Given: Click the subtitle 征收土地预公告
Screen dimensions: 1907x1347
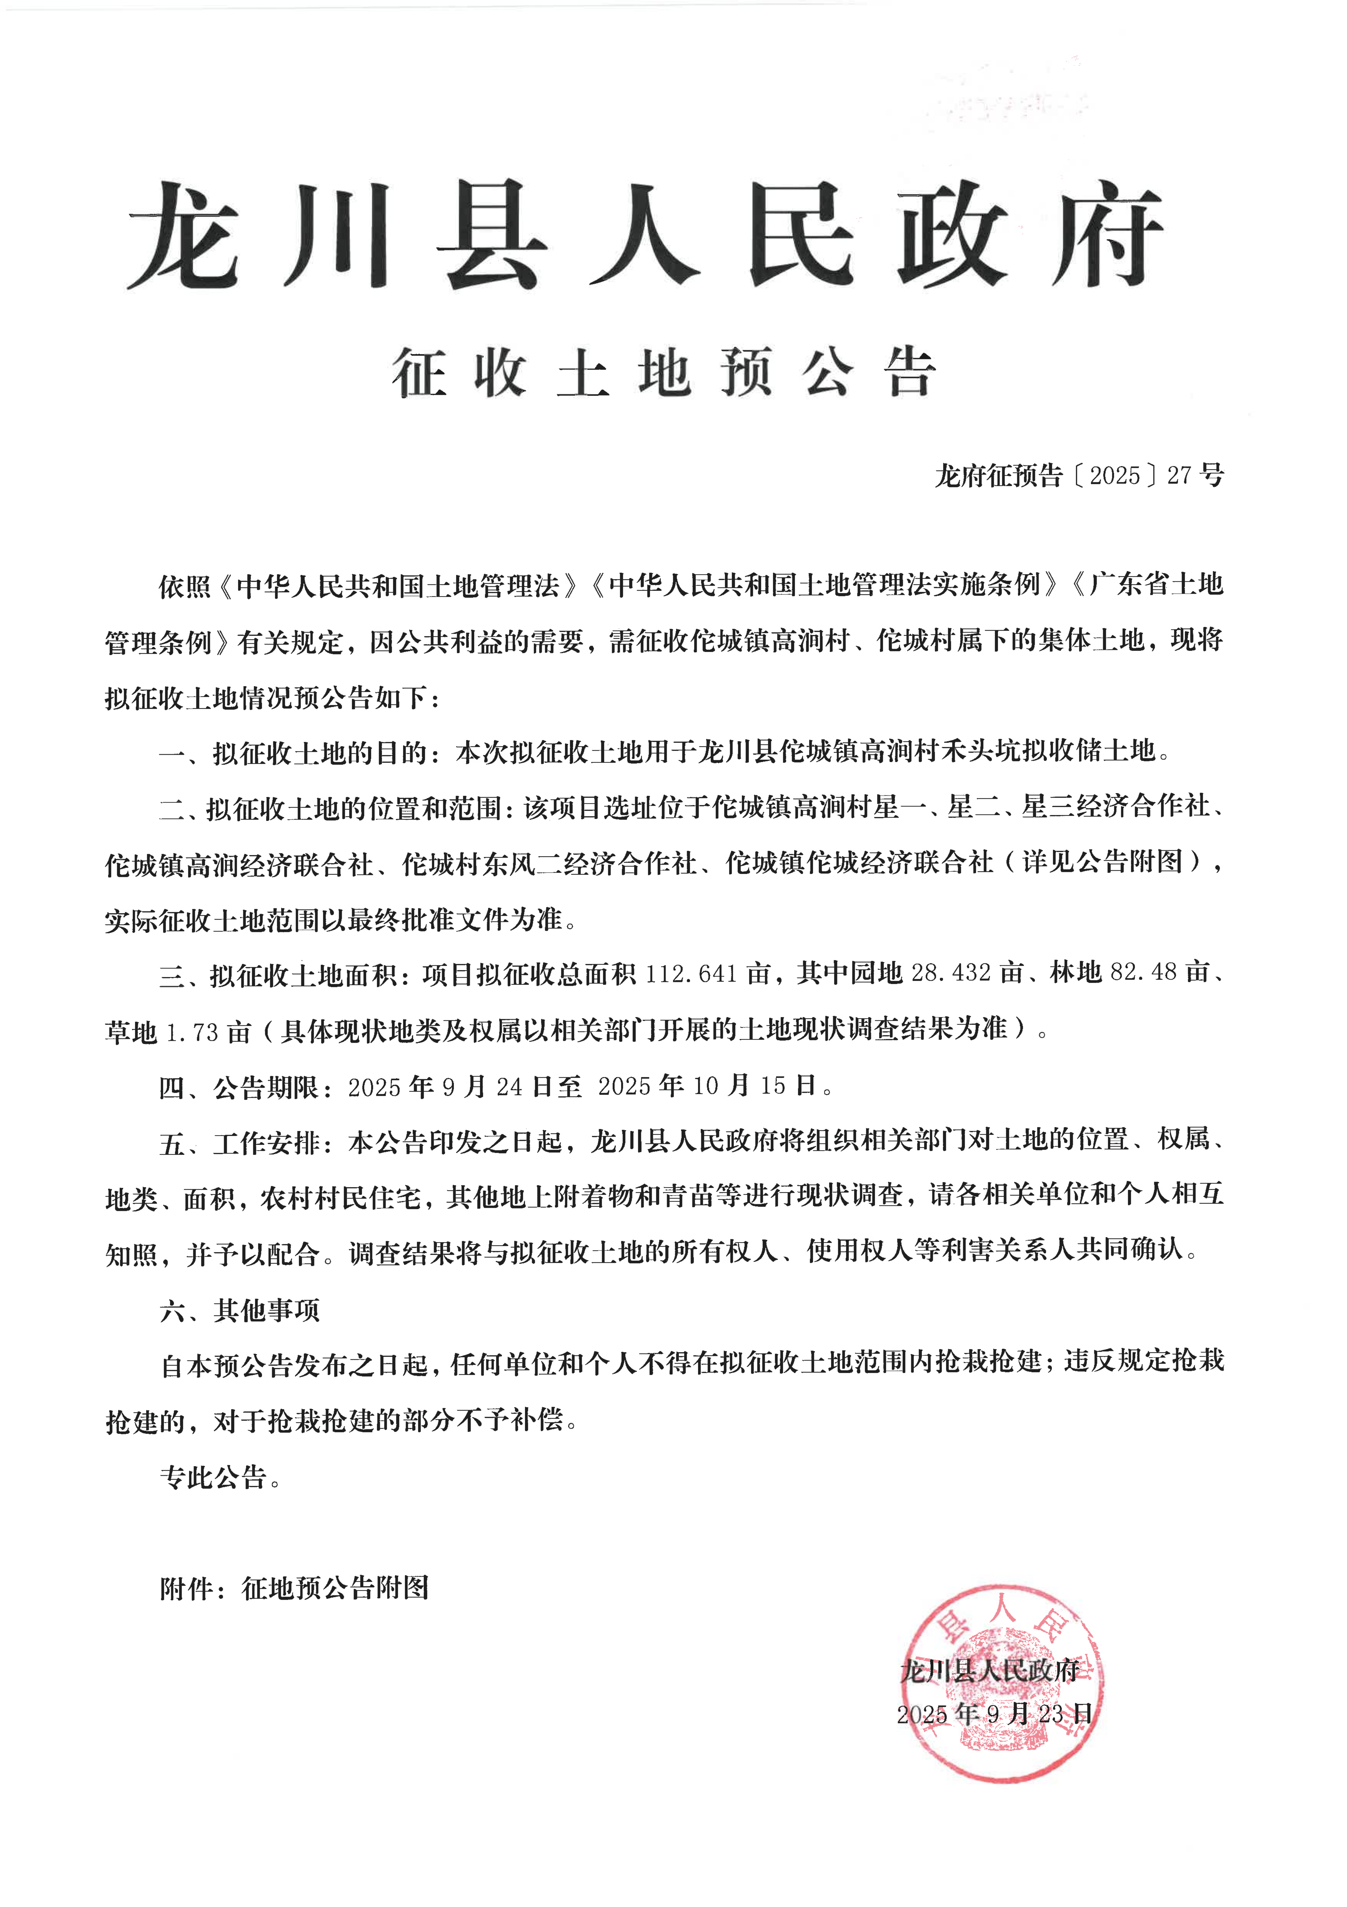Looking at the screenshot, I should pos(664,373).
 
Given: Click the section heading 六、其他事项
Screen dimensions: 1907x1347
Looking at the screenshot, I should pos(239,1310).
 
